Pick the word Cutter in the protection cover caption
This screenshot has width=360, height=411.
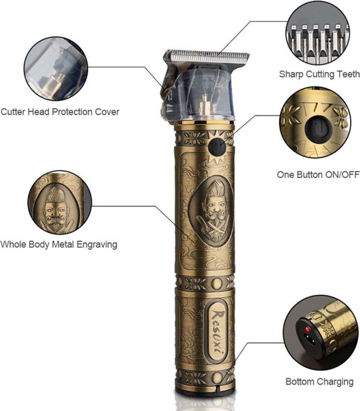pos(13,112)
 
